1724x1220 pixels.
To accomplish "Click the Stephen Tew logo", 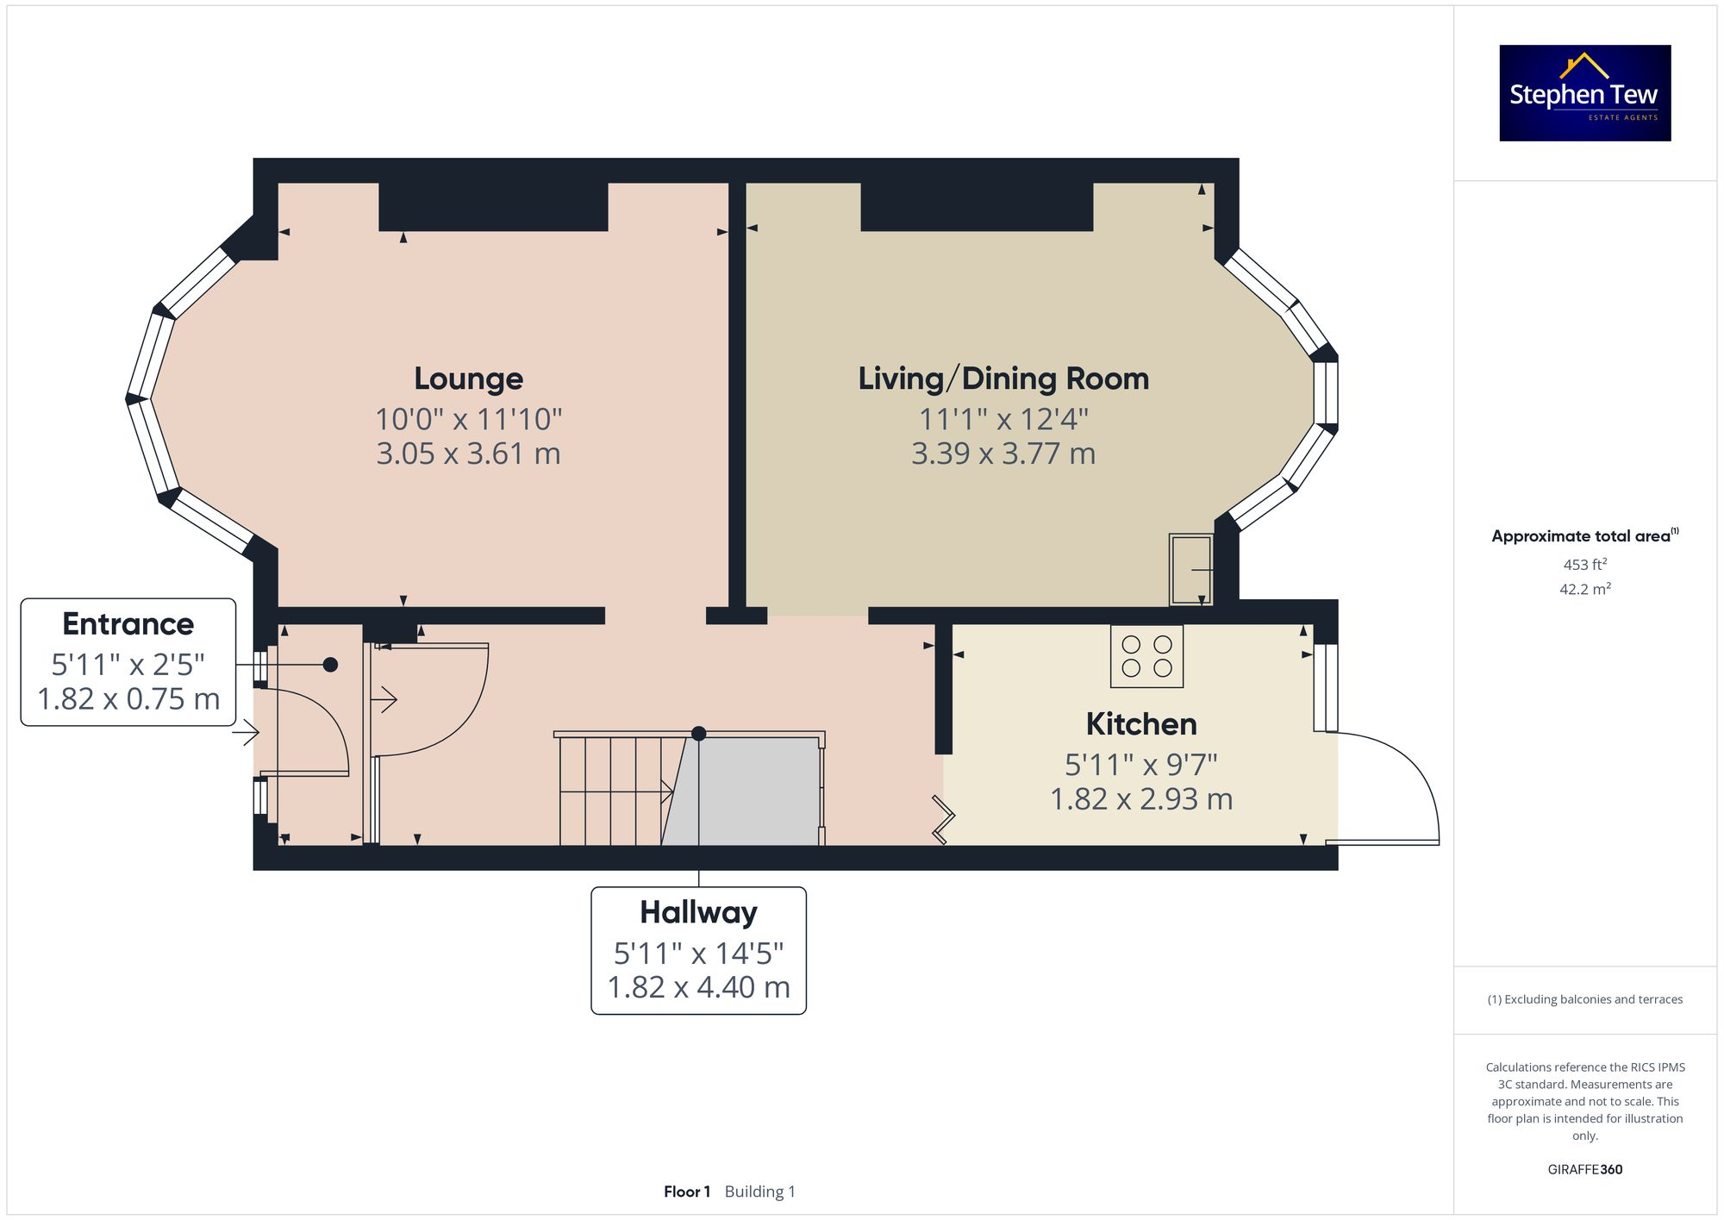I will [x=1584, y=93].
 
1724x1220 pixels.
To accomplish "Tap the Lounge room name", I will [x=468, y=379].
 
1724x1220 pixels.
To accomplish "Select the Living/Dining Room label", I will [x=1003, y=379].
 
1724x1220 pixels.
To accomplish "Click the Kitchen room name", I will [x=1140, y=724].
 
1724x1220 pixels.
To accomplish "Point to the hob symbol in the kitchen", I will [x=1146, y=656].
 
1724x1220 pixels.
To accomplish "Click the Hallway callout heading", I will [x=698, y=912].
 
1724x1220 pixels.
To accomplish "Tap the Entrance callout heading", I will [x=128, y=623].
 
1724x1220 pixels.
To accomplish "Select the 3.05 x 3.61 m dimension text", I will [x=468, y=454].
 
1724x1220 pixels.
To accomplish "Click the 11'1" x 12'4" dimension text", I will [x=1003, y=420].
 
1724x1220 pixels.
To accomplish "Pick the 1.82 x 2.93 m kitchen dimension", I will [x=1140, y=799].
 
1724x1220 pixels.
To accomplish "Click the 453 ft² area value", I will [x=1584, y=565].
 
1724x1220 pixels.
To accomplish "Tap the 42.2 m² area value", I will [x=1584, y=589].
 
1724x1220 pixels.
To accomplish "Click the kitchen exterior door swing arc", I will [x=1414, y=767].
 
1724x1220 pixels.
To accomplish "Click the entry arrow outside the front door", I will [x=246, y=734].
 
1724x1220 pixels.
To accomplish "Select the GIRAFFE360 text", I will [x=1584, y=1170].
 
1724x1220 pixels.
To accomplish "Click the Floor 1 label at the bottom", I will [x=687, y=1192].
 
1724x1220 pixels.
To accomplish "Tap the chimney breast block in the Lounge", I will [x=493, y=207].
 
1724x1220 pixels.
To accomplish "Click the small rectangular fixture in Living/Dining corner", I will [x=1190, y=569].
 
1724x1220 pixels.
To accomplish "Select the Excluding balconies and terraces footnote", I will [x=1584, y=999].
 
